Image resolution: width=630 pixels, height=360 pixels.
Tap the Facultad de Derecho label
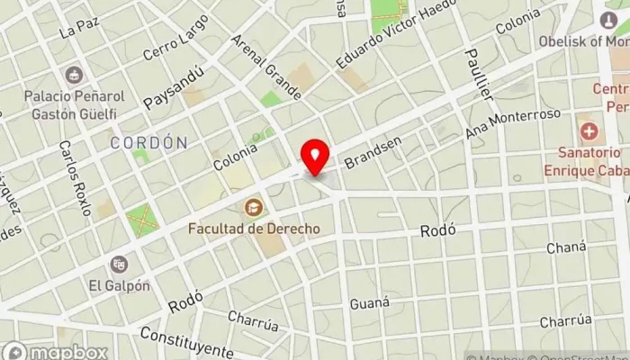point(254,229)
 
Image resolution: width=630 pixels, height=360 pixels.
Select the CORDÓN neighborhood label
point(149,142)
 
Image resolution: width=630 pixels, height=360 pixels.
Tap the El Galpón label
point(119,285)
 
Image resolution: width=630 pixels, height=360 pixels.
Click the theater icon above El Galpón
point(119,265)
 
